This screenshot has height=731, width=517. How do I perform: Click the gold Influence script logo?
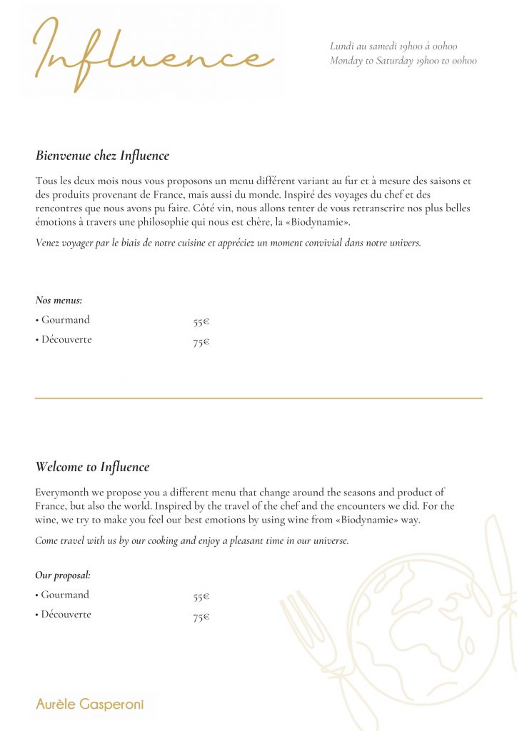(153, 54)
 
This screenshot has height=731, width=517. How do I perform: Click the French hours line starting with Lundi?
(393, 46)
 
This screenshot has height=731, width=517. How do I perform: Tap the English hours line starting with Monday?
(403, 61)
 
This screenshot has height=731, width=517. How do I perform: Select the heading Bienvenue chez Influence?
(102, 156)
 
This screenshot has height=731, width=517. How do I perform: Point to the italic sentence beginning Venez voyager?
(228, 243)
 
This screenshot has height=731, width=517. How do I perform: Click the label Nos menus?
(59, 301)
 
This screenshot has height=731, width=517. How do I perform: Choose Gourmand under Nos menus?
(65, 320)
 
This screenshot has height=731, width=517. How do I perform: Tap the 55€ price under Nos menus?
(201, 322)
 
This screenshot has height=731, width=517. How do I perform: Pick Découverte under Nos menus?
(66, 340)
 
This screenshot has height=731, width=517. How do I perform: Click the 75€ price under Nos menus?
(201, 343)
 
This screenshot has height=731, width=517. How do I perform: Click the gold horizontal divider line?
(258, 398)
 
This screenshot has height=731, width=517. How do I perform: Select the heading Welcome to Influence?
(92, 468)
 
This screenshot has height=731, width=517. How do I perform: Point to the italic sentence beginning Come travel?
(191, 540)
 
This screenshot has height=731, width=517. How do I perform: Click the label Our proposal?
(63, 575)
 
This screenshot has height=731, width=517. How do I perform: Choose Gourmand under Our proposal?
(65, 595)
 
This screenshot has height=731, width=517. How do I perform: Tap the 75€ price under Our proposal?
(201, 617)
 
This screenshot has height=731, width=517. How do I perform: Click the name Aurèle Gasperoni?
(90, 705)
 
